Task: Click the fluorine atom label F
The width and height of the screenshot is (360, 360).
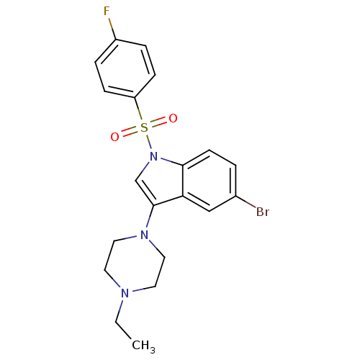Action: click(107, 11)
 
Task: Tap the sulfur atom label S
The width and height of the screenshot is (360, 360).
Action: click(144, 127)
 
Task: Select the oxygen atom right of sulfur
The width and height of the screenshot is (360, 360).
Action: click(173, 118)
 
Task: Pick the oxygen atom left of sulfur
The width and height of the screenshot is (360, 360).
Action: click(114, 137)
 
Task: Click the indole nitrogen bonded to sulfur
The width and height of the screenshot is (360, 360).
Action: click(153, 156)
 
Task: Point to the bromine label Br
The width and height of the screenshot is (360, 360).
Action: click(263, 212)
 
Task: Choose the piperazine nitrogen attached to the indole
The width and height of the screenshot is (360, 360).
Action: click(144, 235)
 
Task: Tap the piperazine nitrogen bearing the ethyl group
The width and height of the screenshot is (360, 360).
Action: click(125, 293)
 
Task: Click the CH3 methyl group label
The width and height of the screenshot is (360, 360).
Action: click(143, 346)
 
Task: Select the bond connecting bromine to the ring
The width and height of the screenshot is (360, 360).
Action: click(246, 202)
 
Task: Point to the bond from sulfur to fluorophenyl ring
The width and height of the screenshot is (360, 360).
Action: click(139, 109)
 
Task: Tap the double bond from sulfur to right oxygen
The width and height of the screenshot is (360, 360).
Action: click(158, 122)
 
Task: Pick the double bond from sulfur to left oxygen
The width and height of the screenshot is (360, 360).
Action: click(130, 132)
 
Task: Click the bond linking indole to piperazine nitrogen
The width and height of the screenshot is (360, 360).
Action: click(150, 217)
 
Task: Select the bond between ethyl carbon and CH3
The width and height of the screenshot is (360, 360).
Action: click(123, 330)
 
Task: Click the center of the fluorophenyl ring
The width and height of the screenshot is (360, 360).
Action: click(125, 68)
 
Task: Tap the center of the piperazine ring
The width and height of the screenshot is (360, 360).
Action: click(135, 264)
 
